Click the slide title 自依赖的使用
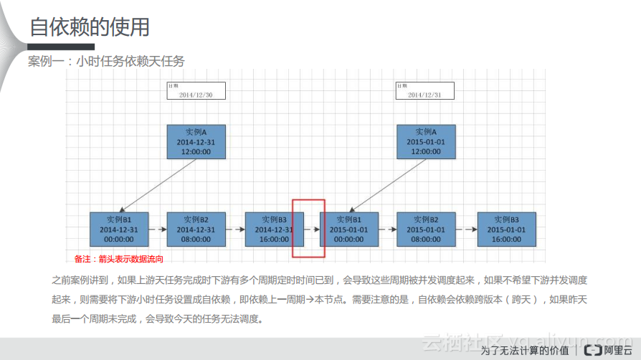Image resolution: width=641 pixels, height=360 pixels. click(x=90, y=27)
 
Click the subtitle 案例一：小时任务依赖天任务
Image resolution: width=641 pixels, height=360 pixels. click(x=106, y=62)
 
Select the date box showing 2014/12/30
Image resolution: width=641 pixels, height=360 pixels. click(x=196, y=90)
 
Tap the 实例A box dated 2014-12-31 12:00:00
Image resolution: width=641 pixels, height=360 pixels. click(x=196, y=141)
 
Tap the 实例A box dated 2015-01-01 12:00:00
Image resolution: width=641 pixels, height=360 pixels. click(x=426, y=141)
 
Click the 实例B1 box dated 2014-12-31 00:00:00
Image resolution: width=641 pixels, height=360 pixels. click(x=118, y=229)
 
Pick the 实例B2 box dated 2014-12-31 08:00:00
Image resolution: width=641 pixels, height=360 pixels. click(x=196, y=229)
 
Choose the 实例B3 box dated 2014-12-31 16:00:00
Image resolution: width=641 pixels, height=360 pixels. click(x=273, y=229)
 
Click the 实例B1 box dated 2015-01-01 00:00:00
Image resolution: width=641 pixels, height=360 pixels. click(x=348, y=229)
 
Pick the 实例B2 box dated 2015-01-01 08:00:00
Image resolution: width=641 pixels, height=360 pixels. click(x=426, y=229)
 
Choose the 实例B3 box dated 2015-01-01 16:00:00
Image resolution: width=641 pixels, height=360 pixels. click(x=506, y=229)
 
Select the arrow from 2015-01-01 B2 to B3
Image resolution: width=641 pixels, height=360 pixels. click(x=467, y=229)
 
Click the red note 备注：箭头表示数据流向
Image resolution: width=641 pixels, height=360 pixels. click(x=119, y=259)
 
